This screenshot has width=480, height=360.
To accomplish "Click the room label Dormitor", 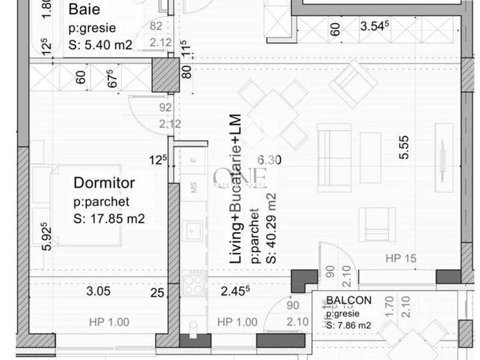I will [104, 183].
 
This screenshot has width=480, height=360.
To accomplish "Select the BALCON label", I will [348, 301].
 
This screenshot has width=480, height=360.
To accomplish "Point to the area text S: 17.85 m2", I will [109, 219].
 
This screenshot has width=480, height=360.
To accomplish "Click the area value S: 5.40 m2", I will [100, 45].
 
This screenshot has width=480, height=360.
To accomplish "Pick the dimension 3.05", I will [99, 292].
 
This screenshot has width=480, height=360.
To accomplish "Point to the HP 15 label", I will [401, 258].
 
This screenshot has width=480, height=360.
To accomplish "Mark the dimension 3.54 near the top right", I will [375, 27].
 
